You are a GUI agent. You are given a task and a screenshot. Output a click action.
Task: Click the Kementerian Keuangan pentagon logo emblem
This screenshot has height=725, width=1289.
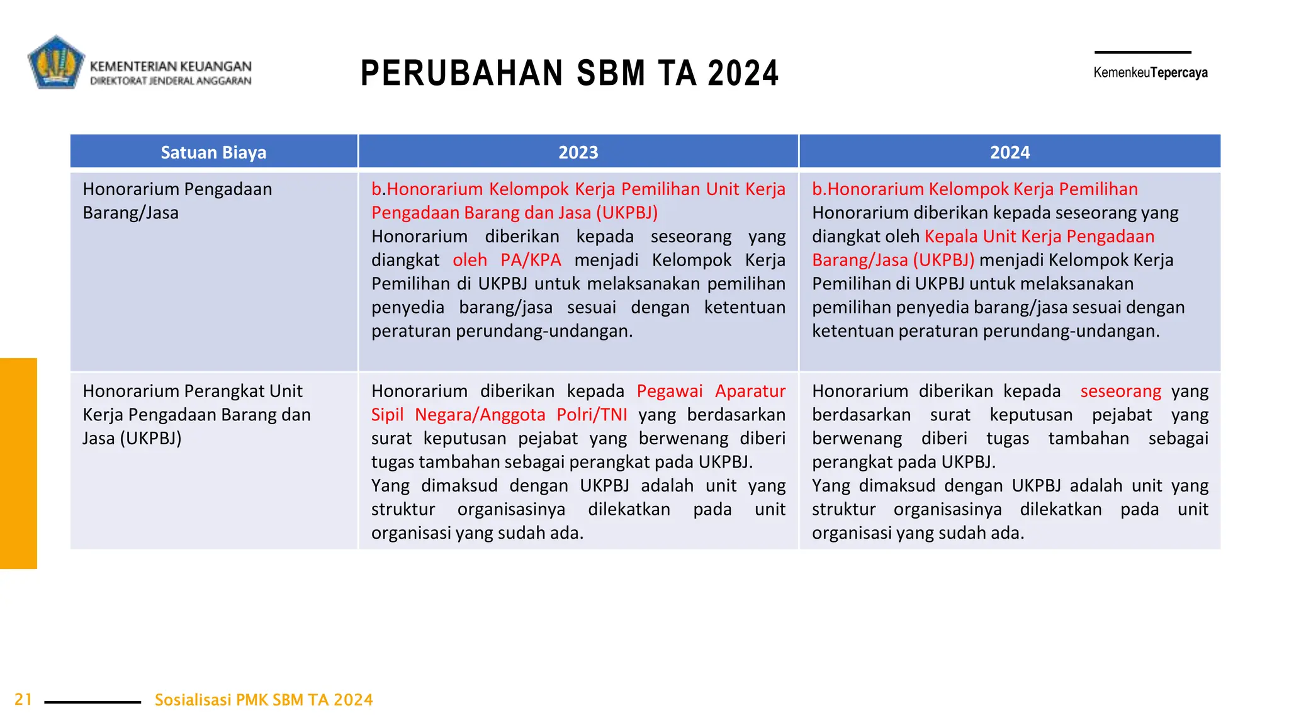[55, 62]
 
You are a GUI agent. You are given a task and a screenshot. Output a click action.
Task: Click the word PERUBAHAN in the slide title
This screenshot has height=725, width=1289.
[461, 73]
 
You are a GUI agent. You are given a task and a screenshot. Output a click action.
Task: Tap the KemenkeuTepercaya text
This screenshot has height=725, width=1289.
[1150, 72]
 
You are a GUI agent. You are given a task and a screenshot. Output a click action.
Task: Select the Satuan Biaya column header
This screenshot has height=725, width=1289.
[213, 152]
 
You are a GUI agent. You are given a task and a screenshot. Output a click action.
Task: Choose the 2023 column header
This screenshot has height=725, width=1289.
[578, 152]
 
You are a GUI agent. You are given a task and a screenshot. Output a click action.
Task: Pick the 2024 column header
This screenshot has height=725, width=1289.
[1010, 152]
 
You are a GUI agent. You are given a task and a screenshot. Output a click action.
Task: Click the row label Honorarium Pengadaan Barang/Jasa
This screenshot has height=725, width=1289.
[177, 201]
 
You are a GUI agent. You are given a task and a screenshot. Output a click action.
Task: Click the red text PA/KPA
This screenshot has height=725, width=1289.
[531, 260]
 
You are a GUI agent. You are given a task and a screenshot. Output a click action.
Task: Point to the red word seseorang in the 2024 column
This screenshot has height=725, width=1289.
[1120, 391]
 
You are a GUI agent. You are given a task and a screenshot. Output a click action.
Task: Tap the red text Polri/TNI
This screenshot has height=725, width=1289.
[592, 415]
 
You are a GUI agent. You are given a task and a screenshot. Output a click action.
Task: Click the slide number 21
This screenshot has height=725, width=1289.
[23, 699]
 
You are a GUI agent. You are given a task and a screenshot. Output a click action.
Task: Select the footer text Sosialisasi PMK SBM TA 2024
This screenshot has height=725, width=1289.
[264, 700]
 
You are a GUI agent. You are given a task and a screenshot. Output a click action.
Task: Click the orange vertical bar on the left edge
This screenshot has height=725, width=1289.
[18, 463]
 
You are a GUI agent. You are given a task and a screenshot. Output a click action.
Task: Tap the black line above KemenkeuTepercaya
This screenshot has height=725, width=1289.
[1142, 52]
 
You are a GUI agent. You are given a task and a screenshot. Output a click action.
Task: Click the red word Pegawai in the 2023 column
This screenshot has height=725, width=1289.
[669, 391]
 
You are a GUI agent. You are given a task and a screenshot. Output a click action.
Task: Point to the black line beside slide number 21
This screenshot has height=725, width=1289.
[93, 702]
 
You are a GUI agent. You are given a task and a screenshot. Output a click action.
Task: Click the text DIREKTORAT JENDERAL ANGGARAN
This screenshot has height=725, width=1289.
[171, 81]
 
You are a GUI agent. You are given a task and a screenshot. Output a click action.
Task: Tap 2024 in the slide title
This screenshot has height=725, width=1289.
[743, 73]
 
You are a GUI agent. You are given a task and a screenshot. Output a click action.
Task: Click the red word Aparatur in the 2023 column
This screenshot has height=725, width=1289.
[750, 391]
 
